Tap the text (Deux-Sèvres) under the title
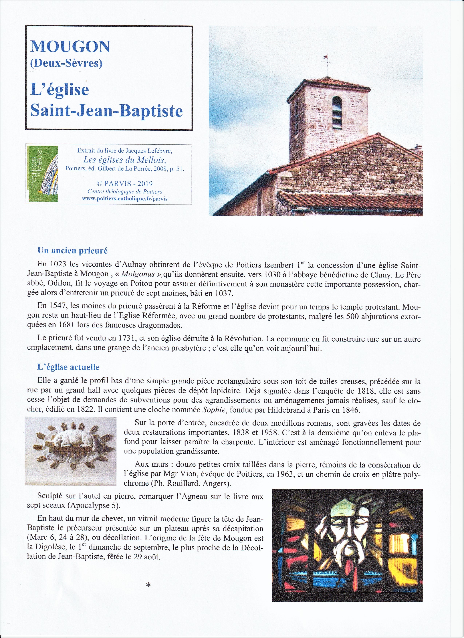(x=66, y=63)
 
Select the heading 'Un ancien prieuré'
(x=73, y=251)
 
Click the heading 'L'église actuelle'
(x=68, y=367)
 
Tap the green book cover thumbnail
(x=42, y=174)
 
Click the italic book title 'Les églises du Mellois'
(x=125, y=160)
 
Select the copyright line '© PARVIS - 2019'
(x=125, y=184)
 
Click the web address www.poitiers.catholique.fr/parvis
(x=125, y=199)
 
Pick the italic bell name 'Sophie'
(x=214, y=410)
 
